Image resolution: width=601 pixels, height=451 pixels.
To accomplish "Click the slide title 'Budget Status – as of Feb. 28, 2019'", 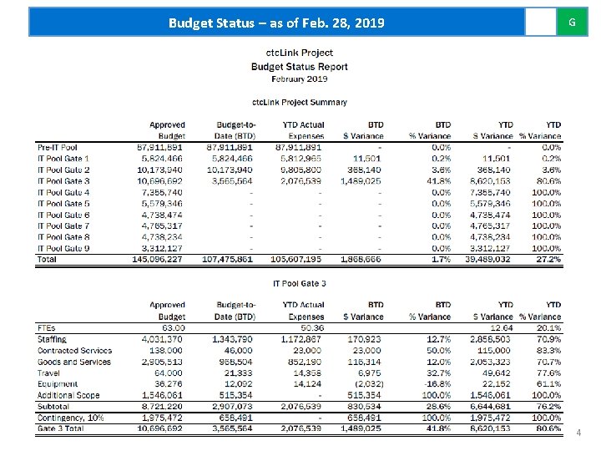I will pos(276,23).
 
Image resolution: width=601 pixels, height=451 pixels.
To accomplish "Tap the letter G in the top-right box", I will pos(572,22).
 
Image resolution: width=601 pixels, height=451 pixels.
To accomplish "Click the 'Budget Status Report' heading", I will pos(299,66).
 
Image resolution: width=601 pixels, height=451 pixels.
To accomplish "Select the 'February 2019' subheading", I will pos(299,79).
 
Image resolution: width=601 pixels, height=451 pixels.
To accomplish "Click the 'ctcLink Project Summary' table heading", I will pos(299,102).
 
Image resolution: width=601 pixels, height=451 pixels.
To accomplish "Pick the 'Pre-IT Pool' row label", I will pos(58,147).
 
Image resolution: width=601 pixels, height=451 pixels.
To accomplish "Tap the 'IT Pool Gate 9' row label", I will pos(63,248).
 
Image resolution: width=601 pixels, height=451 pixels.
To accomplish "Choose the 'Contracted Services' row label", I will pos(74,351).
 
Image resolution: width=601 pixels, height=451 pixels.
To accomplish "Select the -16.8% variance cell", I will pos(437,384).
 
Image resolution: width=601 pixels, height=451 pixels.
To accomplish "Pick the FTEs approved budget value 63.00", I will pos(172,328).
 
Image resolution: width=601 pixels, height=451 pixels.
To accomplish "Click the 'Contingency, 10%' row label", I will pos(70,418).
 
